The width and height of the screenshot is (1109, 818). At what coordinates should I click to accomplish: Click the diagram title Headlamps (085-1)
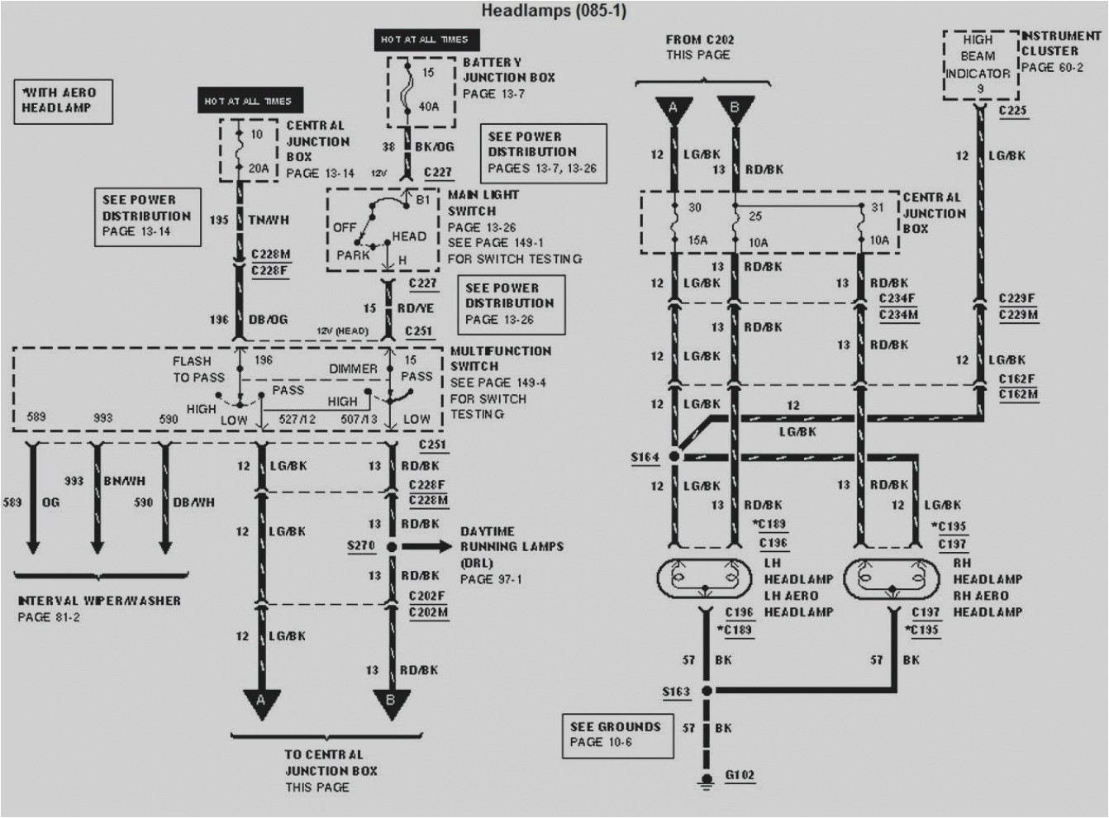click(554, 11)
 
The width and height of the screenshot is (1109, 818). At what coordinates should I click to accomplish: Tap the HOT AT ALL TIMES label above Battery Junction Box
click(425, 39)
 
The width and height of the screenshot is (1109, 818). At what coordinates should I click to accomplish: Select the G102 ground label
click(739, 775)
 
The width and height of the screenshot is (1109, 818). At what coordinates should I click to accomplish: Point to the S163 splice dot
click(707, 691)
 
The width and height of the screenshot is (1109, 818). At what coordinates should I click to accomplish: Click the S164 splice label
click(645, 457)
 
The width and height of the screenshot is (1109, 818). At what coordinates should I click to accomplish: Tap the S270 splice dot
click(392, 547)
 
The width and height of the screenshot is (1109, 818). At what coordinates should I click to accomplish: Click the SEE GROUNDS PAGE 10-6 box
click(616, 734)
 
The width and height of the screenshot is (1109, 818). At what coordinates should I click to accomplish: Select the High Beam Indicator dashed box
click(978, 64)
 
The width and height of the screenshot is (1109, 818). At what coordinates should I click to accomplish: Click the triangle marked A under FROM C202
click(674, 110)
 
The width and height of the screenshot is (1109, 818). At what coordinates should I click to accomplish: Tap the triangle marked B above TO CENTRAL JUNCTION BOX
click(391, 702)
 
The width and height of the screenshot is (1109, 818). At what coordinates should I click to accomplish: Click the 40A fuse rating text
click(428, 106)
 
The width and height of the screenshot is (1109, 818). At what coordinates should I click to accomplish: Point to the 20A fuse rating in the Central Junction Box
click(259, 168)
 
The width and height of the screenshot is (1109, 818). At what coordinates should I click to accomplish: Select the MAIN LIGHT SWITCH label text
click(484, 203)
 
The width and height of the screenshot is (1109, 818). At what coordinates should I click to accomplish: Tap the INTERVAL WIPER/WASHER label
click(99, 601)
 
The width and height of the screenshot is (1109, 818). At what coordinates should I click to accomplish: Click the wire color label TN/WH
click(269, 220)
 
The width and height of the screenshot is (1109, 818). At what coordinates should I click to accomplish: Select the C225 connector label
click(1012, 110)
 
